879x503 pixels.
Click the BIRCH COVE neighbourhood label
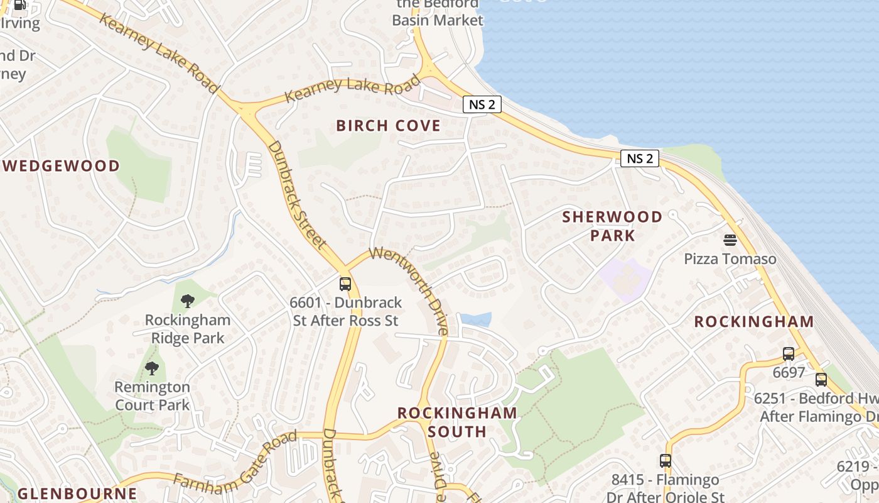[x=388, y=126]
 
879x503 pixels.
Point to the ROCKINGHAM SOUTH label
[x=457, y=422]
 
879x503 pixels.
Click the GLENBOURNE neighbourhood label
[x=77, y=494]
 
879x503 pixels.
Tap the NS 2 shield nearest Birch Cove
[x=482, y=104]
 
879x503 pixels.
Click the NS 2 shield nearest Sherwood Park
[x=640, y=158]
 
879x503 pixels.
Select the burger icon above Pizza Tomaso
[x=730, y=240]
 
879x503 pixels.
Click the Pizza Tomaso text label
[x=730, y=259]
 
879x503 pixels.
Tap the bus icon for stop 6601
[x=345, y=284]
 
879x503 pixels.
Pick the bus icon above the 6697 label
[x=789, y=354]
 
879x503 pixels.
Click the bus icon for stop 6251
[x=821, y=380]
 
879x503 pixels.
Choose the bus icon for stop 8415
[x=666, y=461]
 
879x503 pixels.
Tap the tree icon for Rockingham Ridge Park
[x=187, y=301]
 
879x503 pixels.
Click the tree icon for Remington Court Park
[x=151, y=368]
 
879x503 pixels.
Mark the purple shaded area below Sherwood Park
[x=625, y=279]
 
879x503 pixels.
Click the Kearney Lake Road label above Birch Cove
[x=352, y=89]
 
